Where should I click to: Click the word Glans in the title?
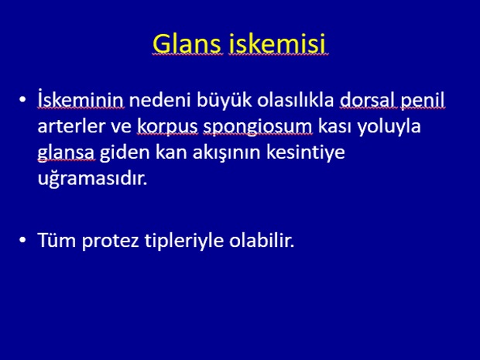tap(187, 43)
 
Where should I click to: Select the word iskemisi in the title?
tap(277, 43)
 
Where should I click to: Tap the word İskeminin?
tap(81, 99)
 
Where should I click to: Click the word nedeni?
tap(159, 100)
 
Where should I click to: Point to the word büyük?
tap(224, 101)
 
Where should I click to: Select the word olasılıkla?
tap(296, 100)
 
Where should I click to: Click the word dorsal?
tap(368, 100)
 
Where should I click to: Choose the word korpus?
tap(167, 127)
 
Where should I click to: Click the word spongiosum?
tap(258, 127)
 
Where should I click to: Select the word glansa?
tap(66, 153)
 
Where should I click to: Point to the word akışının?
tap(226, 153)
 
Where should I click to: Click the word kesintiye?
tap(305, 153)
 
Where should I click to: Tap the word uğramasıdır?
tap(92, 178)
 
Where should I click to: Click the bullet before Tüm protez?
tap(22, 240)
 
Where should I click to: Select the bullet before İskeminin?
tap(22, 100)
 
